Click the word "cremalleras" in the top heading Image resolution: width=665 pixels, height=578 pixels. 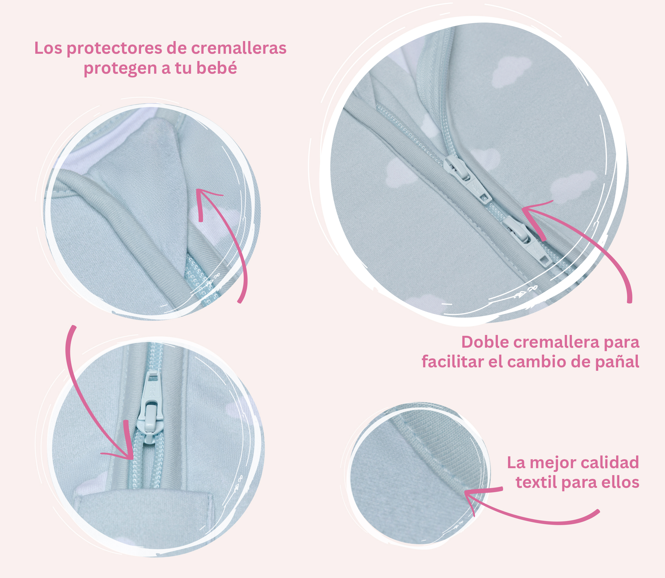click(x=239, y=48)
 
